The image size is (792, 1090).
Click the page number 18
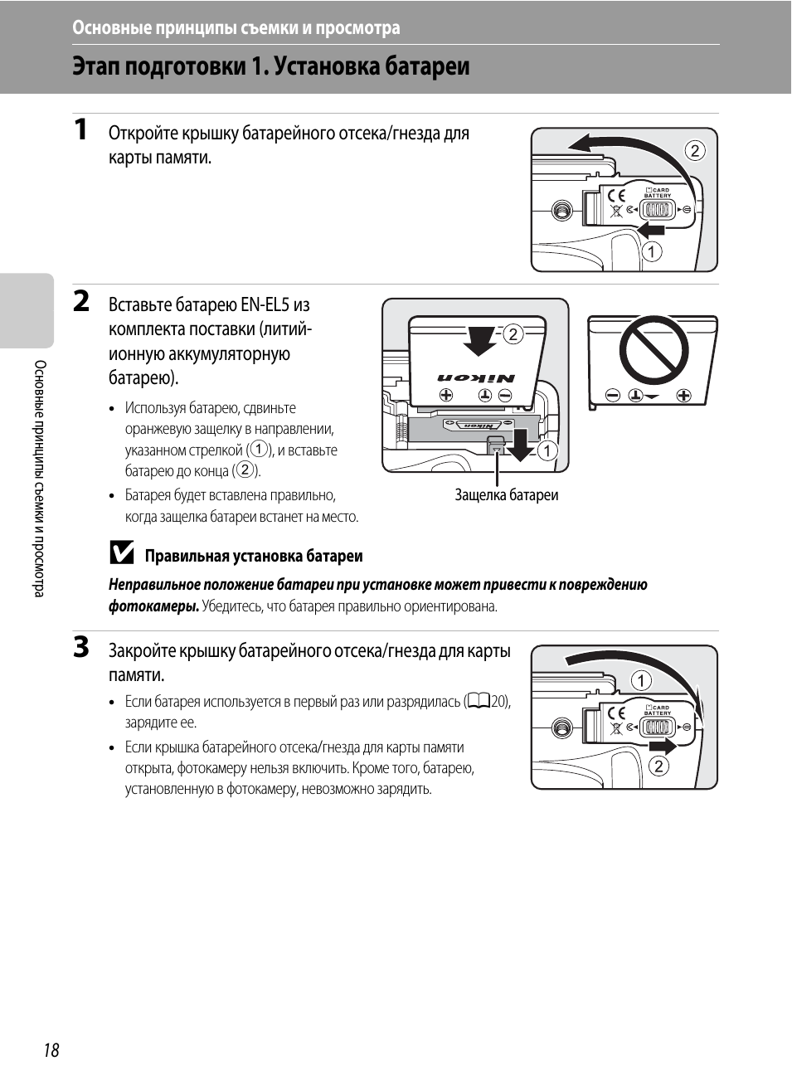[51, 1050]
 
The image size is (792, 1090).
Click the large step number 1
[80, 129]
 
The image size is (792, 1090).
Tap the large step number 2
[80, 300]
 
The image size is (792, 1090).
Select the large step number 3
[80, 647]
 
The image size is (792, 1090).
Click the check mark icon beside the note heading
[122, 553]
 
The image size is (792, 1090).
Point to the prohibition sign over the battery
[654, 349]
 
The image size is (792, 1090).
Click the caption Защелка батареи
[506, 495]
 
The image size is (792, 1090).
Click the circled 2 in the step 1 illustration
[695, 150]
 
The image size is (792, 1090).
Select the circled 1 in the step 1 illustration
[652, 251]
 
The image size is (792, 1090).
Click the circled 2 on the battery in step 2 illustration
[513, 334]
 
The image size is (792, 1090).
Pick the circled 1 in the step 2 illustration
[547, 450]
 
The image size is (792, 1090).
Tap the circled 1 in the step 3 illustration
[641, 681]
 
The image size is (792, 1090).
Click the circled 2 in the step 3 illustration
[658, 766]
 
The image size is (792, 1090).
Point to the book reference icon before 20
[479, 701]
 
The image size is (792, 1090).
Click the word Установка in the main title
[321, 66]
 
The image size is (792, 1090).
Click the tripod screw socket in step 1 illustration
[562, 210]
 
